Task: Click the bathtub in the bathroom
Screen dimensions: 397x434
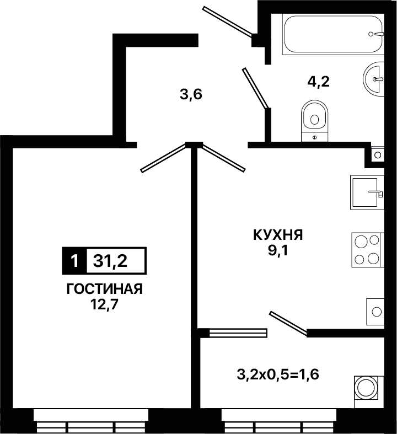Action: (x=333, y=34)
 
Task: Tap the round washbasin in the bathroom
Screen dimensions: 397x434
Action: (x=374, y=79)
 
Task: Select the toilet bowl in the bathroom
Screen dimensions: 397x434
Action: (x=314, y=121)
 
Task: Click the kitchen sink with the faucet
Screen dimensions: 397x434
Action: (x=367, y=192)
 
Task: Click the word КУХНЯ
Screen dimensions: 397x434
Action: (x=278, y=235)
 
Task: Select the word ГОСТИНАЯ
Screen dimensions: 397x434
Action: (x=105, y=289)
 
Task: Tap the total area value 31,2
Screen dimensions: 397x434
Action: (x=110, y=261)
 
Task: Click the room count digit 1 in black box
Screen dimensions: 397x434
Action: (x=74, y=261)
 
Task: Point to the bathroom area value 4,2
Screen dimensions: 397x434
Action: (x=319, y=82)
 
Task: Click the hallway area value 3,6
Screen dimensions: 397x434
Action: (x=191, y=95)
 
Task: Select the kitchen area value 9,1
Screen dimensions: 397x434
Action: (x=278, y=251)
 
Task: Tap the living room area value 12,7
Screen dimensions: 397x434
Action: (x=104, y=305)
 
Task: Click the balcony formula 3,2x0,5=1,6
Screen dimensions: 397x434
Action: (x=278, y=375)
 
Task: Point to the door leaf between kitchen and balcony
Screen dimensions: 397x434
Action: (x=288, y=323)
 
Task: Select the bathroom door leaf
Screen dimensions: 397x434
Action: (x=256, y=88)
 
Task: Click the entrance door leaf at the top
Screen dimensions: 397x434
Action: (x=227, y=22)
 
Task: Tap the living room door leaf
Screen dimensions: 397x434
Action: (x=163, y=158)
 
